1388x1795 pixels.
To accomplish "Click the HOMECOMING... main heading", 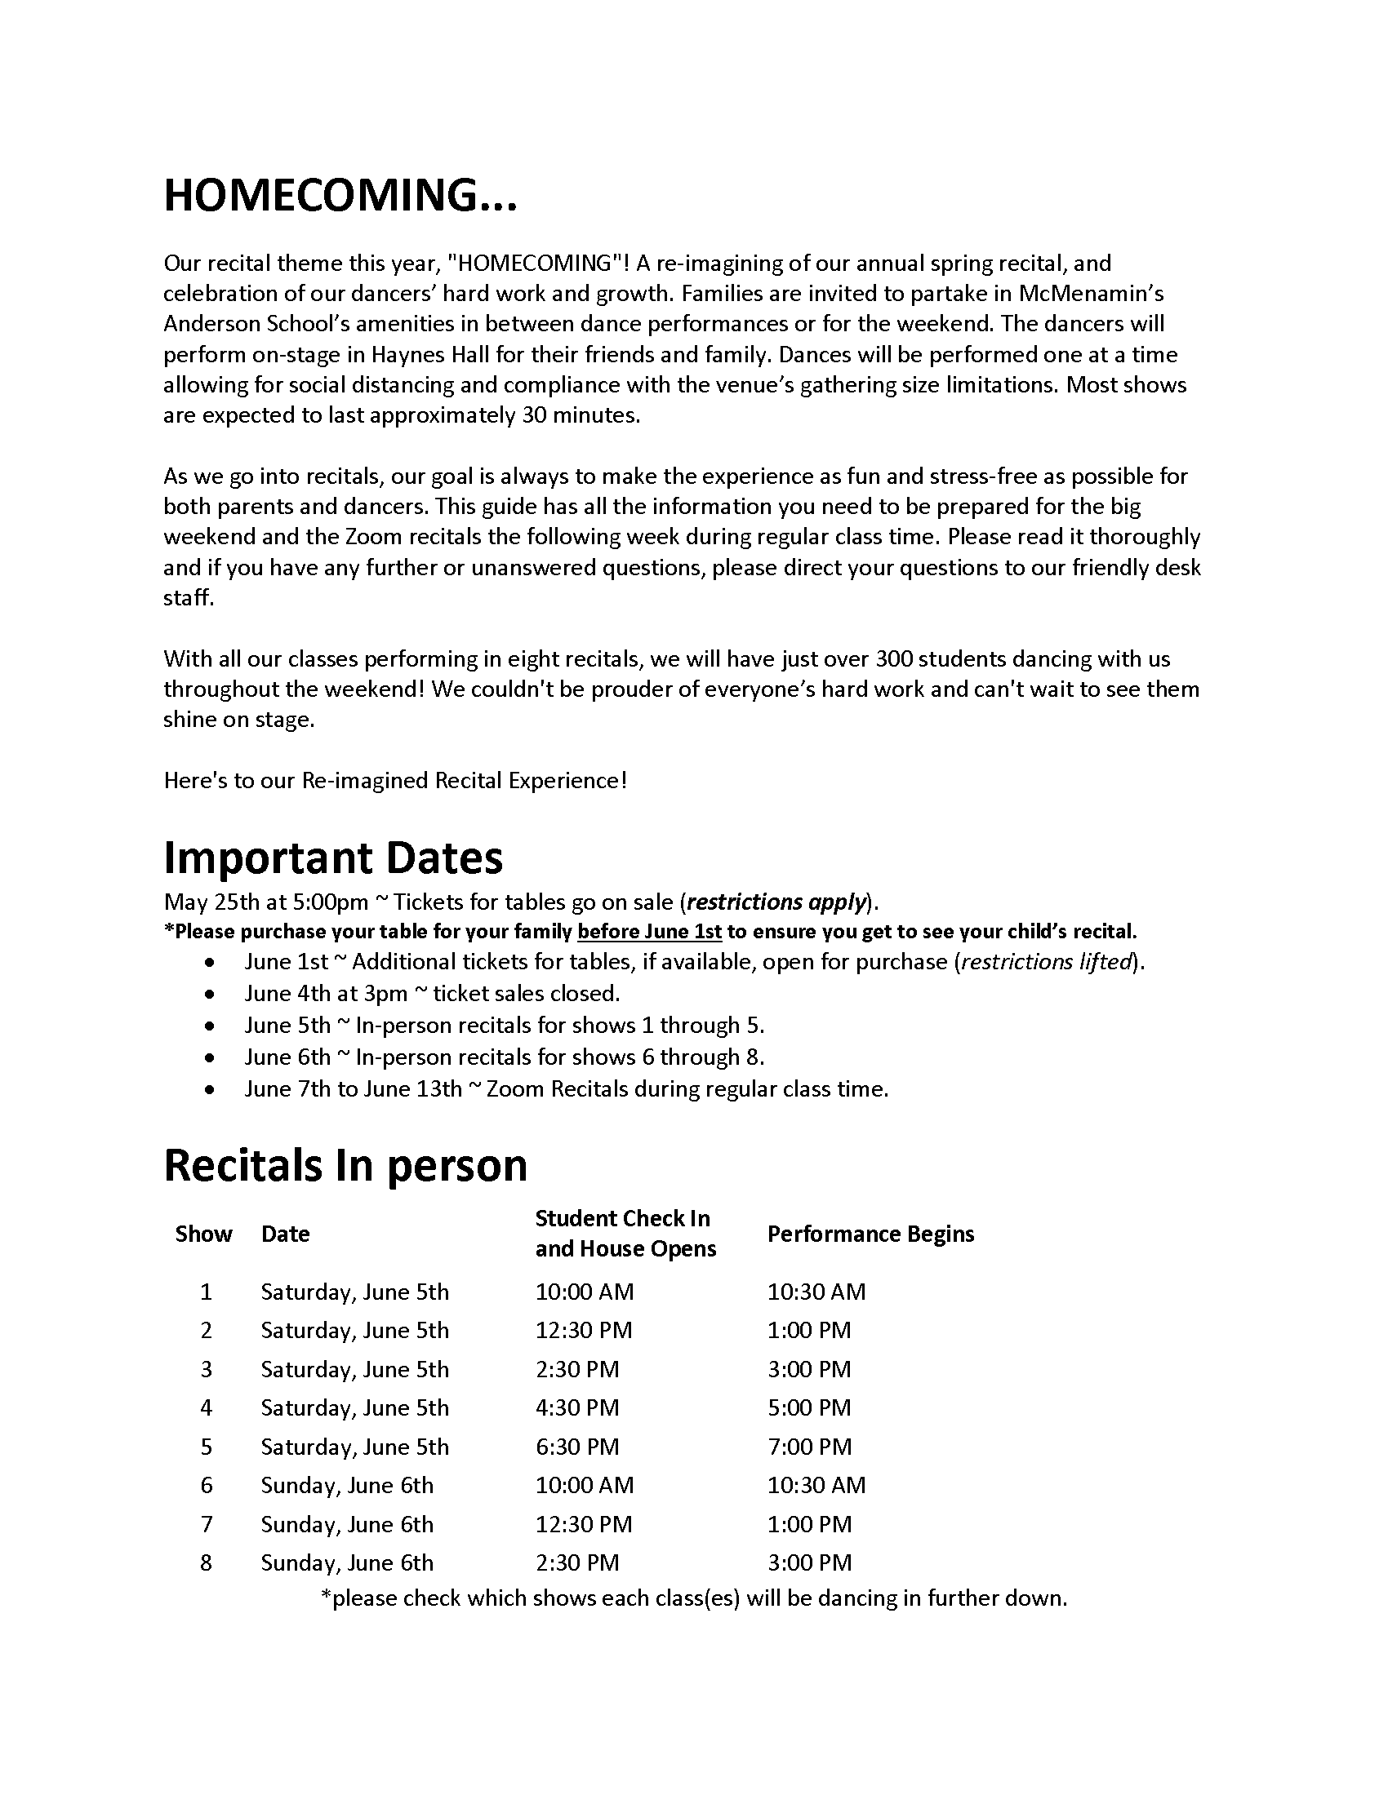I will pos(340,196).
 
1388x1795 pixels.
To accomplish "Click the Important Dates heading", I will pos(333,858).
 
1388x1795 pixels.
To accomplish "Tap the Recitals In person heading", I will pos(345,1164).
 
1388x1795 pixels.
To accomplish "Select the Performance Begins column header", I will pos(870,1234).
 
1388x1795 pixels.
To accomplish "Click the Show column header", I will pos(203,1234).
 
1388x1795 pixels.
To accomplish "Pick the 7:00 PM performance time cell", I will pos(809,1447).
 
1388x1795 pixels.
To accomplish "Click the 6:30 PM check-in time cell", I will pos(577,1447).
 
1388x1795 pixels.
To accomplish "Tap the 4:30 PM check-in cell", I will pos(577,1408).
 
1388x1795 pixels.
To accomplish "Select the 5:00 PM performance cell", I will pos(809,1408).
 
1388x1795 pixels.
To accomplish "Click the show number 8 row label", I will pos(206,1562).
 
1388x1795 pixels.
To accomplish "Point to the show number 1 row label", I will pos(206,1292).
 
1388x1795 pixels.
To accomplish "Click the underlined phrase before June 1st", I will pos(650,932).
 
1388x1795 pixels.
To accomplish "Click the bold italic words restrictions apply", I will pos(776,902).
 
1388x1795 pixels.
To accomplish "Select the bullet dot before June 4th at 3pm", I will pos(211,995).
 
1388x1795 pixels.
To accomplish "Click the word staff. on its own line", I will pos(189,597).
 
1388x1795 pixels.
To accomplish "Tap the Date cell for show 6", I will pos(346,1485).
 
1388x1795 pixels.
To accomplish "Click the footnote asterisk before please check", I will pos(326,1596).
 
